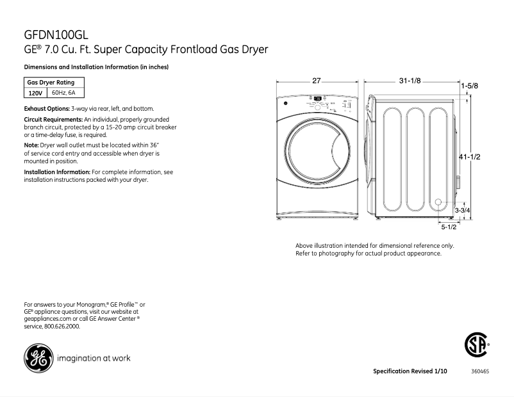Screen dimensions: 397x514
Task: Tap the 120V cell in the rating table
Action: point(35,93)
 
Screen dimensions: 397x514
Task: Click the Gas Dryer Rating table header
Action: point(50,83)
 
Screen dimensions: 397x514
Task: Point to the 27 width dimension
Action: point(316,81)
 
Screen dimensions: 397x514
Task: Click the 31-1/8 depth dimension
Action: point(410,81)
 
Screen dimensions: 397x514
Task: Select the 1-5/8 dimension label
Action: point(469,86)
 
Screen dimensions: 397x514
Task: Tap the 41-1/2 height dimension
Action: point(470,157)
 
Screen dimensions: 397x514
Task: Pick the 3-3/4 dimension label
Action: point(463,210)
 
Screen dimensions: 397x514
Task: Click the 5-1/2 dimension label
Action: point(448,227)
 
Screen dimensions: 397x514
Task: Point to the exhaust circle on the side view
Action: point(439,204)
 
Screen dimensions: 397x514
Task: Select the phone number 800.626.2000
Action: point(62,326)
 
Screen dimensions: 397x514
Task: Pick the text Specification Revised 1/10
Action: point(410,372)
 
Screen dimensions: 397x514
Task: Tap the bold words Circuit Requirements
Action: point(53,120)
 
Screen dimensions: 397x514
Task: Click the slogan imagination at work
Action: point(94,359)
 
